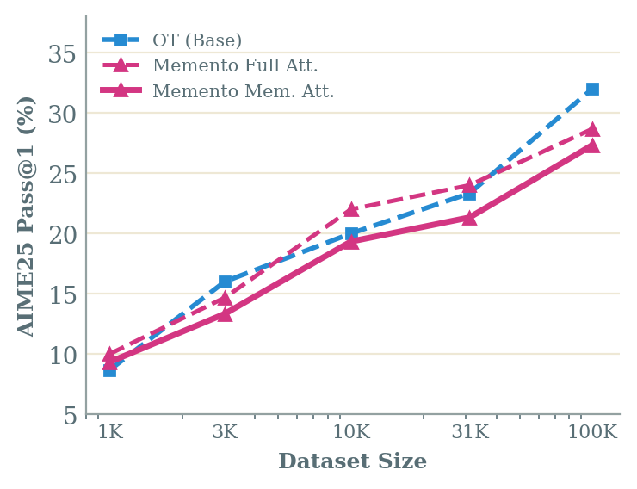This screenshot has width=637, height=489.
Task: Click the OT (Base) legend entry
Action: click(196, 40)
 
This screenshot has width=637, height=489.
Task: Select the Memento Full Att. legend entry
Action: click(234, 65)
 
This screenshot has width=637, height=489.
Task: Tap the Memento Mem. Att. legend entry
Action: click(242, 91)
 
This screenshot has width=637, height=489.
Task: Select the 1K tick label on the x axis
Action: click(109, 432)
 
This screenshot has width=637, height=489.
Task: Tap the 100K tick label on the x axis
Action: click(592, 432)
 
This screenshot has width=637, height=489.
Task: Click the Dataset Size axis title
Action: click(352, 462)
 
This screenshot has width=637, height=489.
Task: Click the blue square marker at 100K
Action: click(592, 90)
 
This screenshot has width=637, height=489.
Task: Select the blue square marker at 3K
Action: click(225, 282)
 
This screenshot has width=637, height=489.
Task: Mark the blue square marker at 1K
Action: click(109, 370)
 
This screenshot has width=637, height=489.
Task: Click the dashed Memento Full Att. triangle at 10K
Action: click(351, 209)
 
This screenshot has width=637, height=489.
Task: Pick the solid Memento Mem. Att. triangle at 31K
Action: click(469, 218)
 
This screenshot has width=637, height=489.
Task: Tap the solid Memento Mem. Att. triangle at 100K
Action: click(592, 145)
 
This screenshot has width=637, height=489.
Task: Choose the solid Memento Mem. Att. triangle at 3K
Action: click(225, 314)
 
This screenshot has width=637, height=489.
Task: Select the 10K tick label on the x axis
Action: click(351, 432)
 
